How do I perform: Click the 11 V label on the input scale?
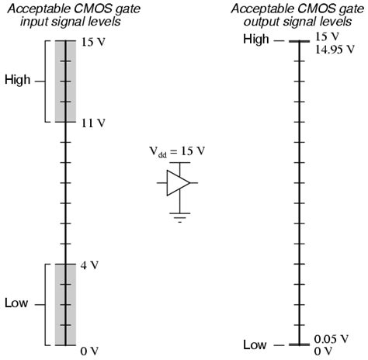pos(92,123)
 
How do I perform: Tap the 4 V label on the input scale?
pos(90,265)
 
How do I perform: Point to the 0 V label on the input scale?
pos(90,351)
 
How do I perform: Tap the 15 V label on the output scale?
pos(326,37)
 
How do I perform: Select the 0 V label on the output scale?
pos(322,350)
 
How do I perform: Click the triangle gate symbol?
pos(178,183)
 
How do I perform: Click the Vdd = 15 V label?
pos(177,151)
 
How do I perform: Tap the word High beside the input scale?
pos(18,80)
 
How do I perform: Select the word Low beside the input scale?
pos(16,303)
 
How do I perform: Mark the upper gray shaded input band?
pos(65,81)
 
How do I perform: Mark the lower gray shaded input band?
pos(65,304)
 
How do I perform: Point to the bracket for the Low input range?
pos(44,303)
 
